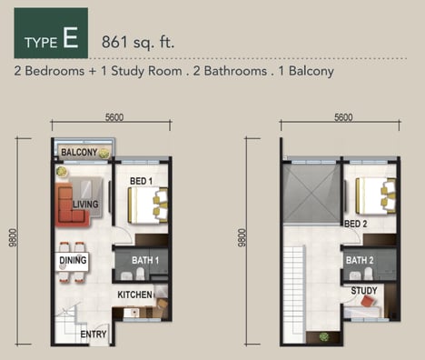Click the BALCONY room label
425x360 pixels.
[79, 152]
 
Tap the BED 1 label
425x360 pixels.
[141, 181]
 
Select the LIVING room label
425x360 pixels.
[85, 205]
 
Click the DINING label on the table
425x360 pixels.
[73, 260]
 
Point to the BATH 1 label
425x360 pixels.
[145, 260]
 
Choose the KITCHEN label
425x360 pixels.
[134, 295]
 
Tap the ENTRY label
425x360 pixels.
[94, 335]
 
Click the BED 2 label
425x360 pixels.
[356, 224]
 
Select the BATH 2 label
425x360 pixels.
[360, 260]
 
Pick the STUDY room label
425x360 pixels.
[364, 291]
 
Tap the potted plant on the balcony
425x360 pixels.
[104, 153]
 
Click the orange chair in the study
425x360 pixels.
[369, 301]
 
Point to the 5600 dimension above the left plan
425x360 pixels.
[114, 117]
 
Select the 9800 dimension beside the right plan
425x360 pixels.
[242, 238]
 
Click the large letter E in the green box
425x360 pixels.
[71, 37]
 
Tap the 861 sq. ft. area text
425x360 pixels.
[138, 42]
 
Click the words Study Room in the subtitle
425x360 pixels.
[146, 71]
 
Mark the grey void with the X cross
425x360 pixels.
[311, 193]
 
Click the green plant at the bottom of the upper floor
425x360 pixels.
[324, 336]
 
